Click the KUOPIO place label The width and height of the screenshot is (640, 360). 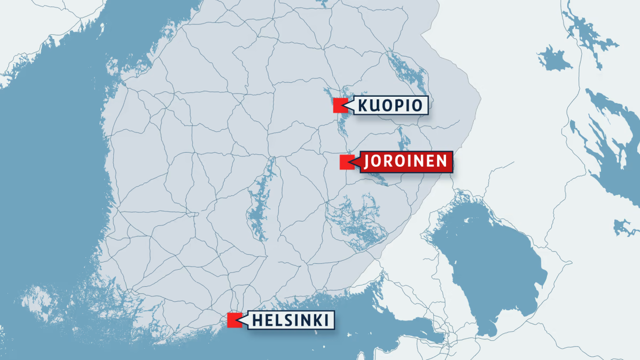pos(390,105)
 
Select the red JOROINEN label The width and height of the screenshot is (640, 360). pos(405,162)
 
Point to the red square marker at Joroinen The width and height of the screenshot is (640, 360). pos(347,162)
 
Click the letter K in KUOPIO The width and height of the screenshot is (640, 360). pos(363,105)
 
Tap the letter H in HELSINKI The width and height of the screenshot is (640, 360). pos(257,320)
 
